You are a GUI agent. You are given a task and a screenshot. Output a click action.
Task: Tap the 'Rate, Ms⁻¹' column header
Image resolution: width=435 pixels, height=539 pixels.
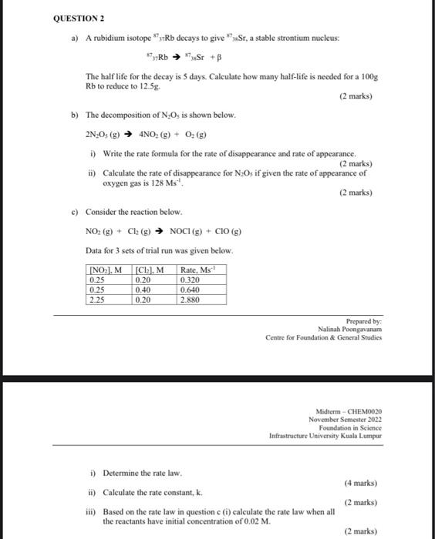(x=197, y=269)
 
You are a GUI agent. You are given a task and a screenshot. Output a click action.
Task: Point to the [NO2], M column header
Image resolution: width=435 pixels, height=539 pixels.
(x=107, y=269)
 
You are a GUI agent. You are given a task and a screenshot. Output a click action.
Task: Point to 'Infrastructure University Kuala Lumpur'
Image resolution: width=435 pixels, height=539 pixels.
(x=325, y=436)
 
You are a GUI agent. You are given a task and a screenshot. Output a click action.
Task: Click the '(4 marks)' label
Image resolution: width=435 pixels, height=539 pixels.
(x=360, y=483)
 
